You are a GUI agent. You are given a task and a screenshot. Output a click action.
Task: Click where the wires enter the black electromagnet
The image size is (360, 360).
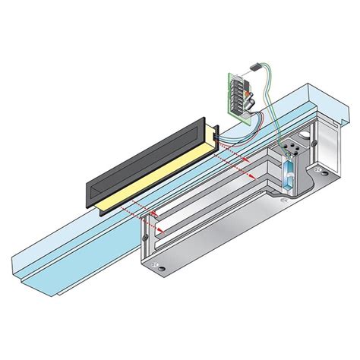217,137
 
